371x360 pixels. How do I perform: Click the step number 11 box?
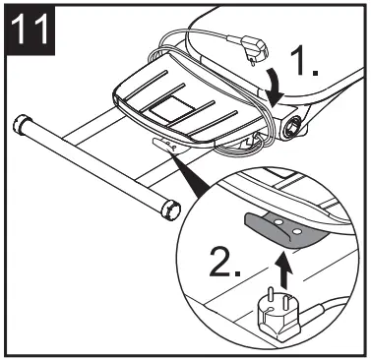coord(34,34)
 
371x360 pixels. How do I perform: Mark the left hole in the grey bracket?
coord(279,223)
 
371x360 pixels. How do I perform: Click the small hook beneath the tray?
coord(168,144)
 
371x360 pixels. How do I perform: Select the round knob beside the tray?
coord(293,127)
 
